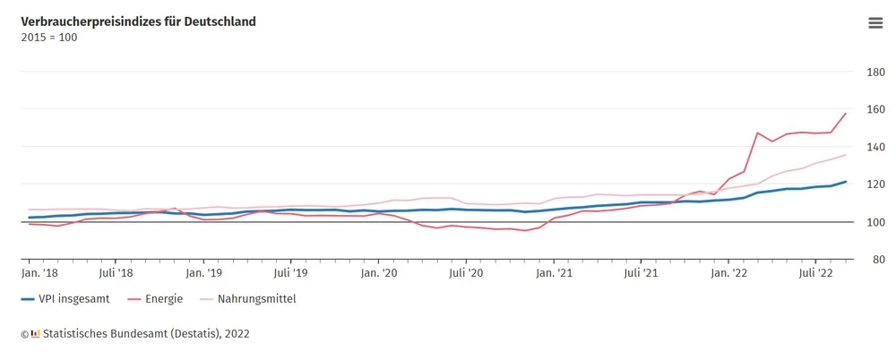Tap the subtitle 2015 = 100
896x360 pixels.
[x=49, y=38]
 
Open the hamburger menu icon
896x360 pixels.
[x=875, y=23]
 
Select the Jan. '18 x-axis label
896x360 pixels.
[x=39, y=272]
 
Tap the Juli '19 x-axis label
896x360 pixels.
[x=290, y=272]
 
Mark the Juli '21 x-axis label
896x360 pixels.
[x=641, y=272]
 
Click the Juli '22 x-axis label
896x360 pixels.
[x=816, y=272]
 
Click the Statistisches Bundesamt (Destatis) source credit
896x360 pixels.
[x=134, y=334]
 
